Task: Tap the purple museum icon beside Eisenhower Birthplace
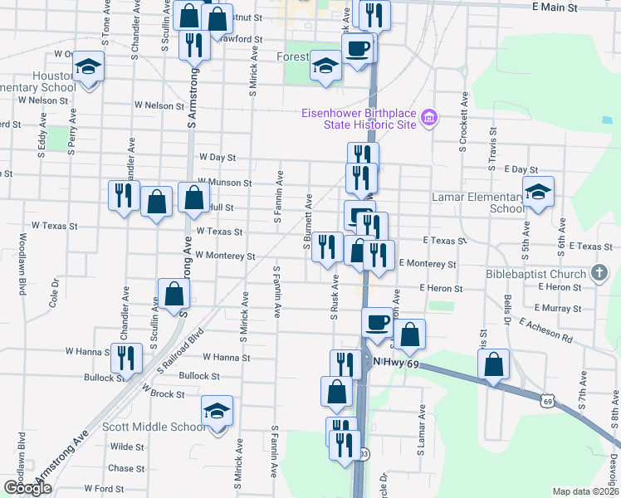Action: (x=429, y=119)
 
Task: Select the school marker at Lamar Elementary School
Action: (x=539, y=193)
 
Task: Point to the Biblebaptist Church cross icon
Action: (x=599, y=273)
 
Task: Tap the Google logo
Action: (x=27, y=488)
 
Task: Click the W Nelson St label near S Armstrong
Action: (x=159, y=106)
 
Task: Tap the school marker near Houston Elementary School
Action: (x=87, y=66)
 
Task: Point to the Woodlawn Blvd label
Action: (x=19, y=262)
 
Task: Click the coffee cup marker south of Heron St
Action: (x=377, y=320)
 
